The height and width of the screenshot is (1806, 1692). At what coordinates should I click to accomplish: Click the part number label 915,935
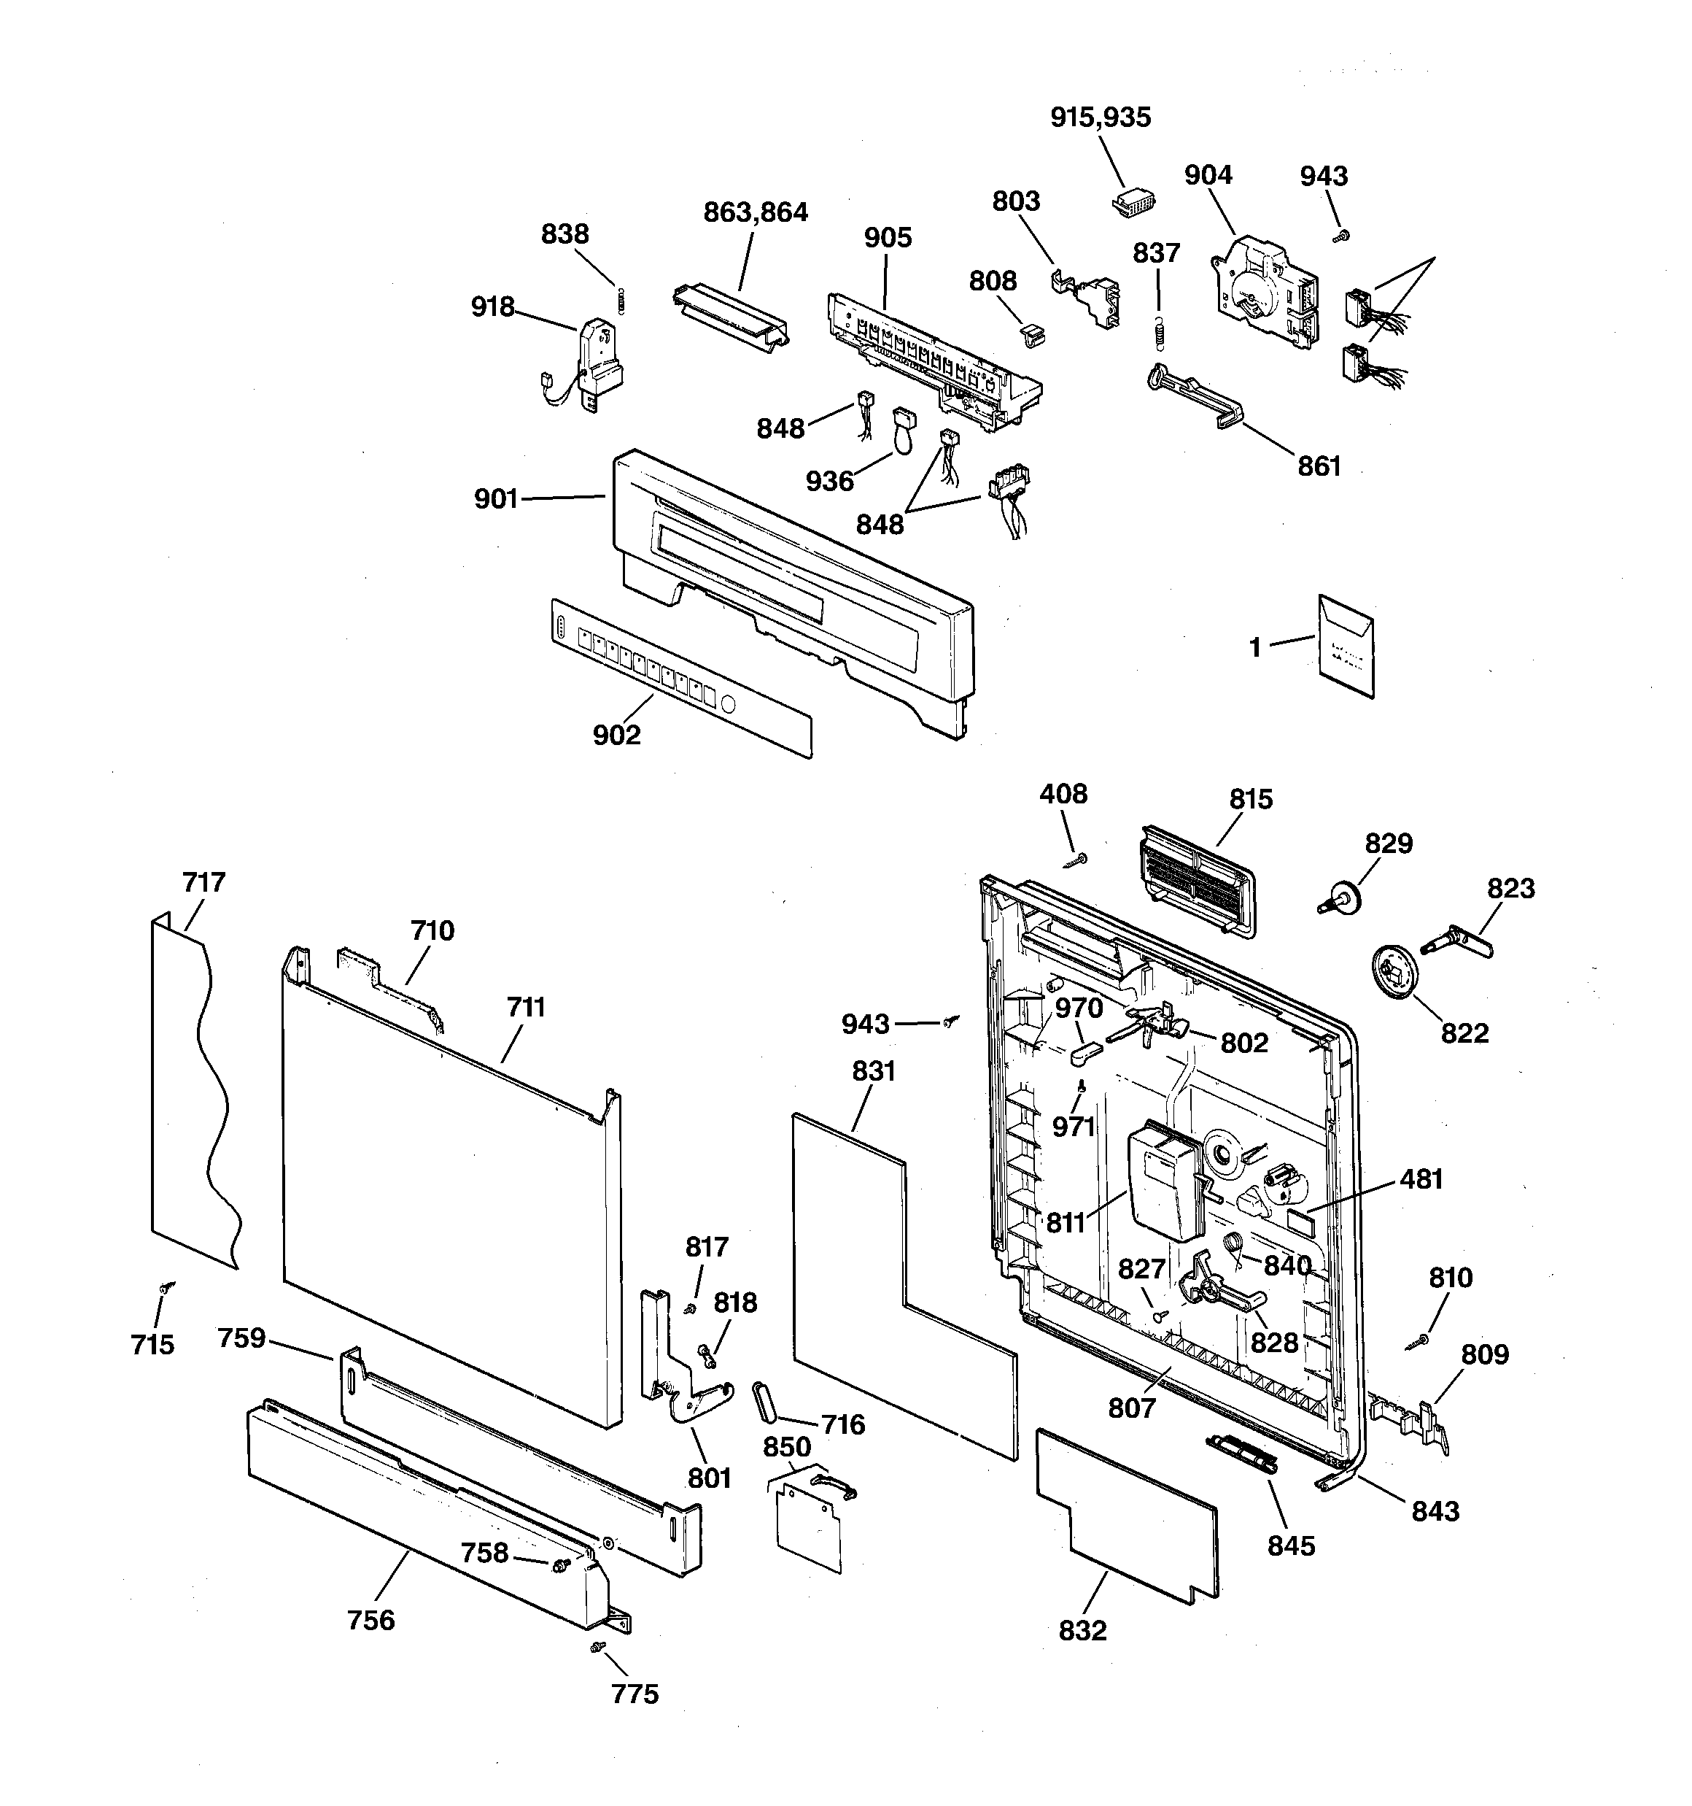[x=1100, y=118]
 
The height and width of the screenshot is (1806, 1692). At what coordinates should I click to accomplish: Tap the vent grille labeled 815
[x=1195, y=879]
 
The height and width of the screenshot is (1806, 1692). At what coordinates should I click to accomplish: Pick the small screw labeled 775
[x=597, y=1646]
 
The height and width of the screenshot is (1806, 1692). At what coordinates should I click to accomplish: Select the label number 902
[x=617, y=735]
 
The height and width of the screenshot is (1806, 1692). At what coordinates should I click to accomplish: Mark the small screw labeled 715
[x=166, y=1287]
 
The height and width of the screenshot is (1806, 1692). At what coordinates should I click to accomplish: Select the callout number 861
[x=1319, y=466]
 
